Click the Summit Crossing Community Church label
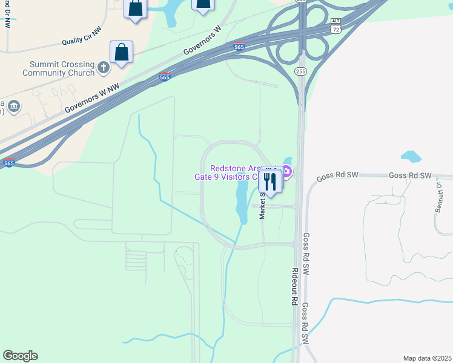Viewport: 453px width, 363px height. pos(58,69)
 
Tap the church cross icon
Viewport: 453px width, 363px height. pos(103,68)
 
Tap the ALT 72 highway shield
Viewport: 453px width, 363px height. pos(336,25)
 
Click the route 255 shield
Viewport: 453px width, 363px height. pos(301,71)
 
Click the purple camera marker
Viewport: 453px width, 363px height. pos(287,172)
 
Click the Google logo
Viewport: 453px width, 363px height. pos(20,356)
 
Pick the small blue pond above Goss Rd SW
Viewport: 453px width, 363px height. pos(411,157)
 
